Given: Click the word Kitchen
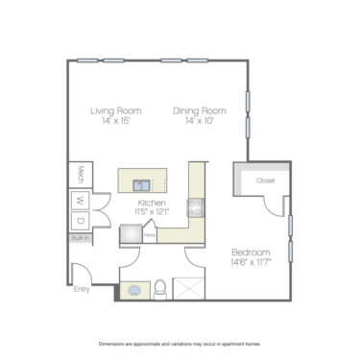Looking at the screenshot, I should coord(153,203).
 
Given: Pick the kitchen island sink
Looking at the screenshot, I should coord(141,185).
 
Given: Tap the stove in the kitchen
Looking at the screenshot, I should coord(195,204).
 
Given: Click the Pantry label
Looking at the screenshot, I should coord(151,232).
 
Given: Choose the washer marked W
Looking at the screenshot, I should coord(81,202).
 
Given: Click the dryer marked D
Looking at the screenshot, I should coord(81,222).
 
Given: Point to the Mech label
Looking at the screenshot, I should coord(82,174).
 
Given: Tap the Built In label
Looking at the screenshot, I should coord(80,238).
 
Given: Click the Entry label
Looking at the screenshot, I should coord(81,288).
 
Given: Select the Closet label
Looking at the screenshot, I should coord(266,180).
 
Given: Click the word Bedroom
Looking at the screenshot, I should coord(251,252).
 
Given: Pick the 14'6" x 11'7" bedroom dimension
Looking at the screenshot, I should coord(251,262).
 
